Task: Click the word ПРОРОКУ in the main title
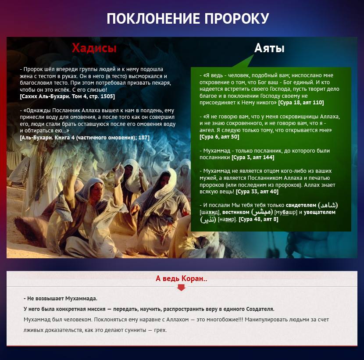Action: click(x=234, y=18)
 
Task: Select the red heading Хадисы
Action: click(x=94, y=48)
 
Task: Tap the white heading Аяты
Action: click(x=269, y=48)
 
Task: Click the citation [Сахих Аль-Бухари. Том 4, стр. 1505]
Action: click(x=67, y=96)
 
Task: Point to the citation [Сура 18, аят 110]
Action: click(x=301, y=103)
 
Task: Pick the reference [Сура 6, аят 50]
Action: click(x=219, y=137)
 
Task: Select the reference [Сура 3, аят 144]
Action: click(x=256, y=157)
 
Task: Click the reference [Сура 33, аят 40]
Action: click(x=257, y=192)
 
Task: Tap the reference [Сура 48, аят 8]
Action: click(x=258, y=219)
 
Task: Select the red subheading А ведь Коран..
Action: click(x=182, y=278)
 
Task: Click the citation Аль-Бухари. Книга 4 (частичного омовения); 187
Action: click(x=85, y=138)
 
